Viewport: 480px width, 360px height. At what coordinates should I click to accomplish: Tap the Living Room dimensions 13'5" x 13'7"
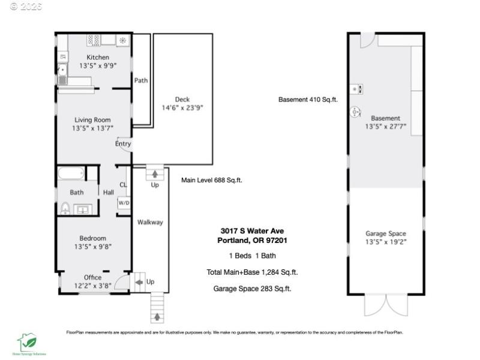pyautogui.click(x=93, y=128)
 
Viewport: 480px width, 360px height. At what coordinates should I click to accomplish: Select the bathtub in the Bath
pyautogui.click(x=71, y=174)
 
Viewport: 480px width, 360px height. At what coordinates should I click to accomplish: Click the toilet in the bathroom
pyautogui.click(x=65, y=208)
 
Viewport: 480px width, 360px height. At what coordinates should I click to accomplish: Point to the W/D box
pyautogui.click(x=124, y=203)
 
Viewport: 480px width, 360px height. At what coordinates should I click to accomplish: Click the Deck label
pyautogui.click(x=182, y=100)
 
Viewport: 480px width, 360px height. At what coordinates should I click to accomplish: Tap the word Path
pyautogui.click(x=141, y=80)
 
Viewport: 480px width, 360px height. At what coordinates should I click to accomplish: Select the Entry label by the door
pyautogui.click(x=123, y=144)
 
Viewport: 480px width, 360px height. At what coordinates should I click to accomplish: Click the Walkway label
pyautogui.click(x=149, y=222)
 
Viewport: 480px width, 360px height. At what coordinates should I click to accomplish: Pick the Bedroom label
pyautogui.click(x=93, y=238)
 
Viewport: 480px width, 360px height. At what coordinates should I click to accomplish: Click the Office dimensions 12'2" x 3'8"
pyautogui.click(x=93, y=286)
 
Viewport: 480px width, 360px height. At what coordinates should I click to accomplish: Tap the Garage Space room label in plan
pyautogui.click(x=386, y=233)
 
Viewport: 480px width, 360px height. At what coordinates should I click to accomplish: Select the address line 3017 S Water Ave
pyautogui.click(x=251, y=231)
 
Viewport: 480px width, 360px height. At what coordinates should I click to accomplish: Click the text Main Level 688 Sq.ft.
pyautogui.click(x=212, y=180)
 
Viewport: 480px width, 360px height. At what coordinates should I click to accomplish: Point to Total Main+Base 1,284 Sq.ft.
pyautogui.click(x=252, y=272)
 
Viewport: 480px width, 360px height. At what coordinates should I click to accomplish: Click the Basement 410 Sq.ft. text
pyautogui.click(x=308, y=100)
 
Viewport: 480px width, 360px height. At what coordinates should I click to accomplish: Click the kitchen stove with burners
pyautogui.click(x=94, y=40)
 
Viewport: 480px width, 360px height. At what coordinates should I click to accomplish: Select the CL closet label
pyautogui.click(x=123, y=185)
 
